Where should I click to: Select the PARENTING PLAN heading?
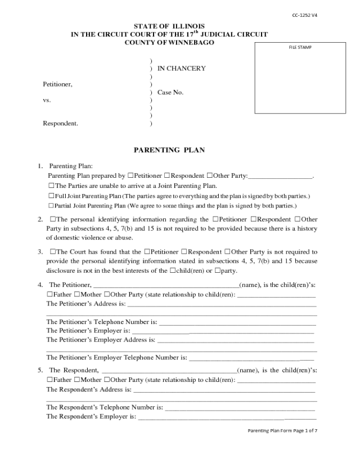coord(169,150)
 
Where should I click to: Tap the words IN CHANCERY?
coord(181,69)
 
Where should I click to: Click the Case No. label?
coord(170,92)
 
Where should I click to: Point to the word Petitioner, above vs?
coord(58,84)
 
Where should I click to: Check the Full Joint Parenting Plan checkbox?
coord(52,196)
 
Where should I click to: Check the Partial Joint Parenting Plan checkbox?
coord(52,206)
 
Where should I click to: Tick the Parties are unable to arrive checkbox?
coord(52,186)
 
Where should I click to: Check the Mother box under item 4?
coord(78,294)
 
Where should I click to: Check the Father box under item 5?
coord(49,380)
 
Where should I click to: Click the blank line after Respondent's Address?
coord(224,390)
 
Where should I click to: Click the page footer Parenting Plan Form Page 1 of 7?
coord(287,430)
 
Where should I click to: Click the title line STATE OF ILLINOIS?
coord(169,26)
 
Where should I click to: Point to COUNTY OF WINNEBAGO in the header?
coord(169,43)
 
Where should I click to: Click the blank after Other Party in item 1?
coord(280,177)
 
